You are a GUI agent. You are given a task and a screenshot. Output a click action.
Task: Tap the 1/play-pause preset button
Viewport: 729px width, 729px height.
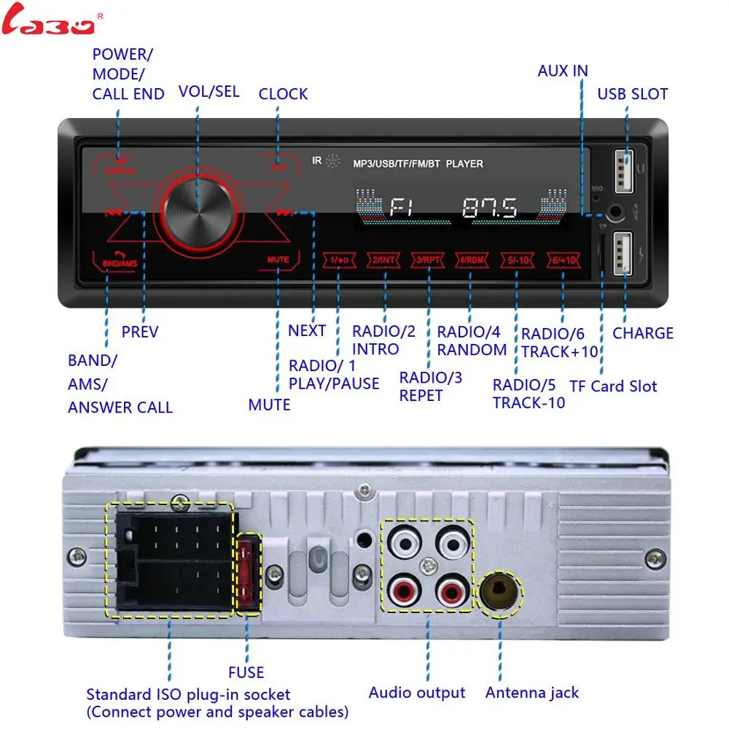tap(340, 260)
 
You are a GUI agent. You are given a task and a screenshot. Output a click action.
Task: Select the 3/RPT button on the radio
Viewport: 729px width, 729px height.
tap(428, 260)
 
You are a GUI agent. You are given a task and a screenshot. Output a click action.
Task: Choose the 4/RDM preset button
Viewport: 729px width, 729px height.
tap(472, 260)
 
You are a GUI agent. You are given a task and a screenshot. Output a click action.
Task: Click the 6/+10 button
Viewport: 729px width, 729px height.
tap(561, 260)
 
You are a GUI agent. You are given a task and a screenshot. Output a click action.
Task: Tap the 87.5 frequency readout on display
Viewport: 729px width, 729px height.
tap(490, 208)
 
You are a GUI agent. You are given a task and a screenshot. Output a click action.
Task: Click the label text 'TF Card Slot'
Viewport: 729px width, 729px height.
tap(613, 386)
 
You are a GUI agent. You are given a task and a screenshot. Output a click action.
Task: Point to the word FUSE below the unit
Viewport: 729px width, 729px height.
tap(246, 672)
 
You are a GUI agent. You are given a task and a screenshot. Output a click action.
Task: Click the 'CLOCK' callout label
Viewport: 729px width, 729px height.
tap(283, 94)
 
